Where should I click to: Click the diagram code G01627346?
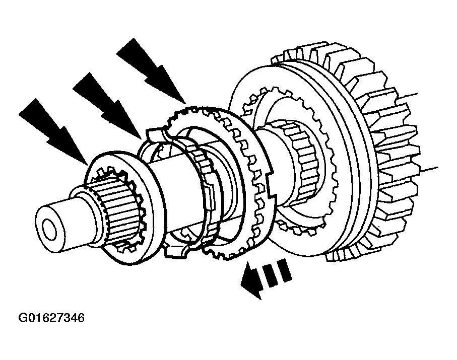tap(51, 318)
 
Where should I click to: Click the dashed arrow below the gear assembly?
tap(266, 278)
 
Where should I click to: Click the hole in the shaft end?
tap(49, 227)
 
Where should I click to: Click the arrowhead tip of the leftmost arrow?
tap(86, 164)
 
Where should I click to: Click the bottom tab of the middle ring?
tap(175, 251)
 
